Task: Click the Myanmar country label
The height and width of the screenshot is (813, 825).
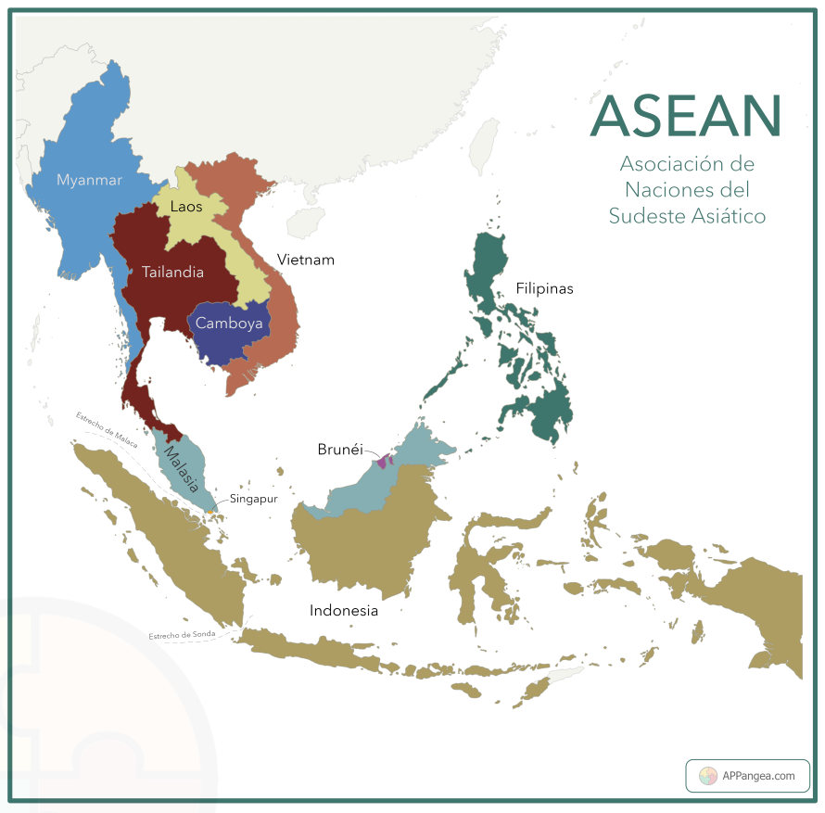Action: point(89,180)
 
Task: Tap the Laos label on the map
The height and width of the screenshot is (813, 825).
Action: point(186,207)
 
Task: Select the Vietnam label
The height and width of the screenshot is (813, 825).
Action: point(305,260)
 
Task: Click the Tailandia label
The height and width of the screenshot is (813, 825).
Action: point(172,273)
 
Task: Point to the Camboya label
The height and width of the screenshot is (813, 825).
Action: point(229,324)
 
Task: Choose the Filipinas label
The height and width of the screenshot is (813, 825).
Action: point(544,288)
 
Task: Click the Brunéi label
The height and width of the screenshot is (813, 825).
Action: point(339,449)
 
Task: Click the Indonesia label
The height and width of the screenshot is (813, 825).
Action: point(344,610)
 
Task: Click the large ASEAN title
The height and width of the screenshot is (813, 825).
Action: point(686,115)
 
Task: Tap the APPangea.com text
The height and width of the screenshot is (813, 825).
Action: point(758,777)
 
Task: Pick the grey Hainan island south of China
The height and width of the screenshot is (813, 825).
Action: point(305,222)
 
